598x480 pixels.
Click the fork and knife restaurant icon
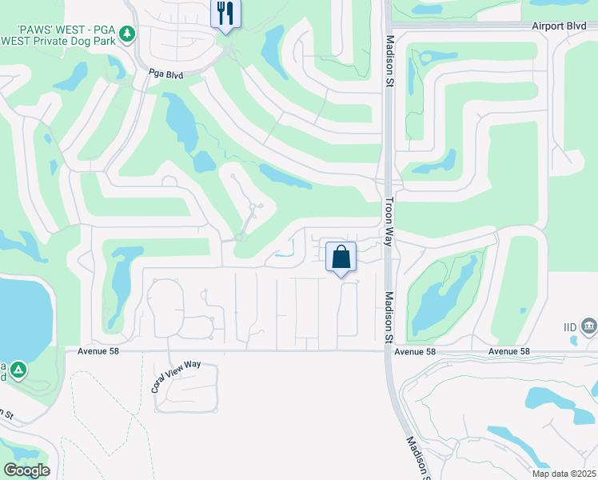pyautogui.click(x=225, y=14)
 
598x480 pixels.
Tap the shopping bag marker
pyautogui.click(x=341, y=258)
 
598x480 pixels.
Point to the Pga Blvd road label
pyautogui.click(x=166, y=74)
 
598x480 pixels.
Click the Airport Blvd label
pyautogui.click(x=560, y=26)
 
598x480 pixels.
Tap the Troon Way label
pyautogui.click(x=390, y=215)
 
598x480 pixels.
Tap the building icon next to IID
pyautogui.click(x=589, y=326)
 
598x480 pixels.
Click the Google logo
pyautogui.click(x=26, y=470)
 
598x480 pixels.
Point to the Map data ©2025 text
pyautogui.click(x=564, y=474)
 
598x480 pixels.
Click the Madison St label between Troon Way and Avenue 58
pyautogui.click(x=389, y=316)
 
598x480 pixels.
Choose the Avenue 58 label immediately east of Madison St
pyautogui.click(x=415, y=351)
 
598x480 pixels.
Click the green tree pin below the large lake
pyautogui.click(x=18, y=370)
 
